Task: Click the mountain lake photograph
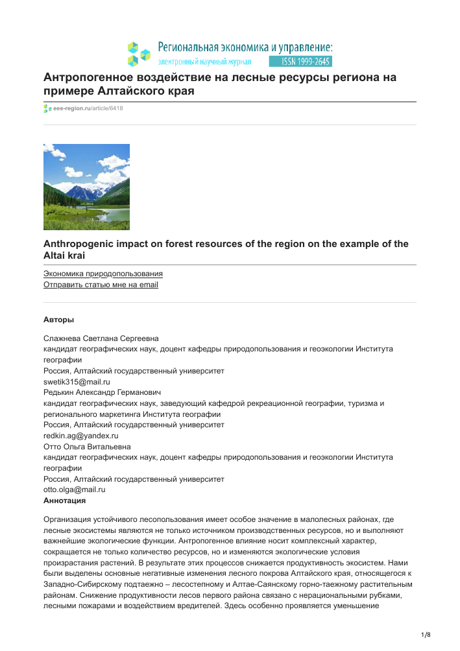click(x=86, y=187)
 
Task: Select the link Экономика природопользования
click(x=103, y=274)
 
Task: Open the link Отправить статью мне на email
click(x=101, y=285)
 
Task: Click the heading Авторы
click(x=58, y=320)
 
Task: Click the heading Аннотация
click(x=64, y=501)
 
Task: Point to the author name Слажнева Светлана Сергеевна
click(x=101, y=338)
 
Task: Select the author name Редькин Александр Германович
click(x=102, y=392)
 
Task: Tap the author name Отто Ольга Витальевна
click(x=86, y=447)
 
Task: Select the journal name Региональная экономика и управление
click(x=245, y=47)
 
